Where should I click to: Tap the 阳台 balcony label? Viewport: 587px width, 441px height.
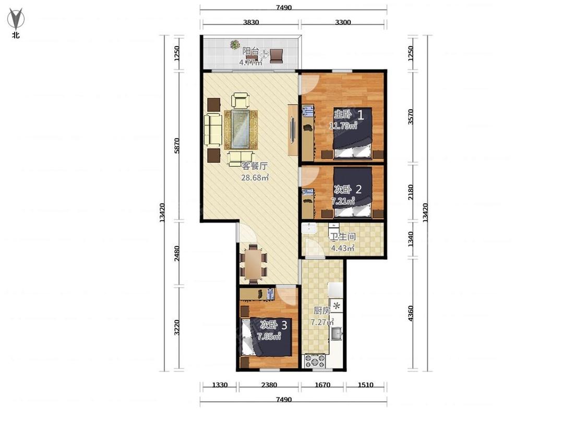(x=250, y=51)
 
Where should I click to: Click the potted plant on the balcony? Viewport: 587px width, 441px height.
(x=235, y=44)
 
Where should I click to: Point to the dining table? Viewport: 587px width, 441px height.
(x=254, y=263)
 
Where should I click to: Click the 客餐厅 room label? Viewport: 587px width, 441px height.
(x=254, y=165)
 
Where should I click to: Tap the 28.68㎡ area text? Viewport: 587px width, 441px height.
(x=255, y=177)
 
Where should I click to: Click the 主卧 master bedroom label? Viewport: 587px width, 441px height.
(x=342, y=113)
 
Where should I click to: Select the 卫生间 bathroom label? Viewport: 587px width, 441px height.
(x=342, y=237)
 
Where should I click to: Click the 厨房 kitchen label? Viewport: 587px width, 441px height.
(x=321, y=310)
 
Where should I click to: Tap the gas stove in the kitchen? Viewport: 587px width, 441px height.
(x=315, y=361)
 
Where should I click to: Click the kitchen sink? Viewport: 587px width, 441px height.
(x=336, y=333)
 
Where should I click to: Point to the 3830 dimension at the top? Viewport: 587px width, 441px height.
(x=251, y=22)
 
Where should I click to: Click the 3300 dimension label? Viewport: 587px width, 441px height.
(x=343, y=22)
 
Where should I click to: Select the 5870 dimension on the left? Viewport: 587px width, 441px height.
(x=177, y=145)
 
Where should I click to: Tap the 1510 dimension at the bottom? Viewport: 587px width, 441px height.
(x=365, y=385)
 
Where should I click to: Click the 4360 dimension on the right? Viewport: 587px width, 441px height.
(x=411, y=314)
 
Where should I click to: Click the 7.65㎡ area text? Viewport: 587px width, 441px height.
(x=269, y=336)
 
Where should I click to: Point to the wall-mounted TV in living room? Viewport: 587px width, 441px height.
(x=293, y=130)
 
